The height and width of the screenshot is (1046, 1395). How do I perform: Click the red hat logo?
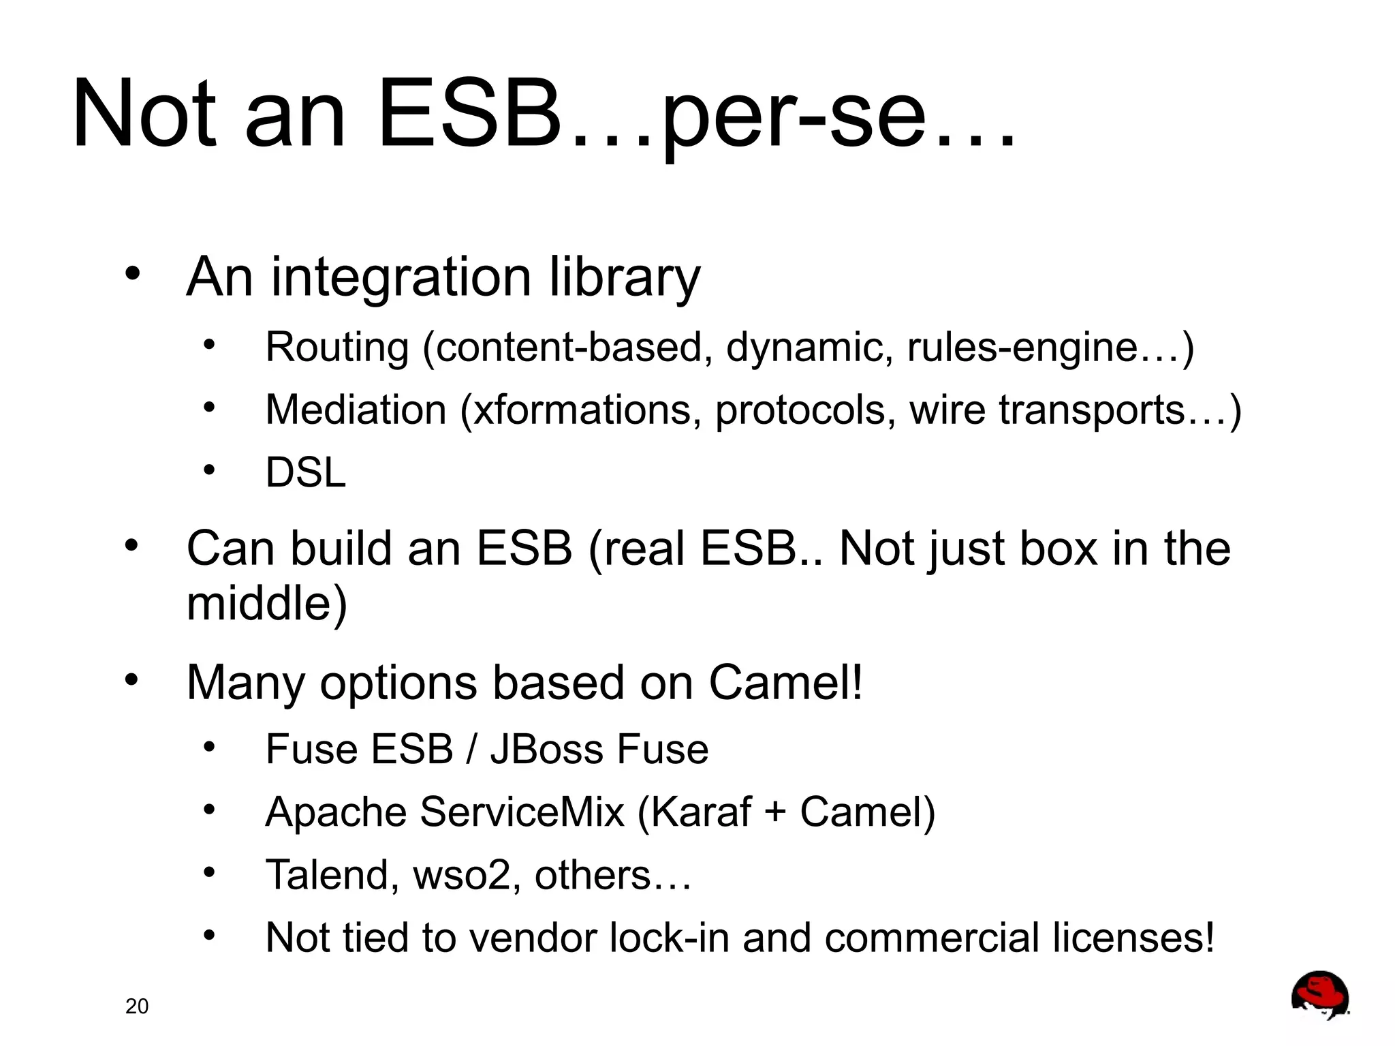(x=1319, y=995)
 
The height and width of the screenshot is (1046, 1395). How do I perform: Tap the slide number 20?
(x=137, y=1006)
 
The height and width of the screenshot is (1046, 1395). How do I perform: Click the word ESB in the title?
(x=470, y=114)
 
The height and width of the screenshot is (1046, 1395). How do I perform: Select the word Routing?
(x=337, y=348)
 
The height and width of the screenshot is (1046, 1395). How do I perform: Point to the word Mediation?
(x=356, y=410)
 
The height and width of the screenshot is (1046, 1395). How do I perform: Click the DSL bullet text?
(x=306, y=472)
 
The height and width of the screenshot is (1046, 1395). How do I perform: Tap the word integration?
(x=401, y=278)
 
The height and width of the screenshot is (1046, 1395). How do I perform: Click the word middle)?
(x=267, y=604)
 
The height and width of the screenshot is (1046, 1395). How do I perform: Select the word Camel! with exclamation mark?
(x=786, y=683)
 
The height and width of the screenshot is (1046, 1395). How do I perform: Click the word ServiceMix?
(x=522, y=812)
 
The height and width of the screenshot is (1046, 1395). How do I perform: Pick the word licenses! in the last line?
(x=1133, y=938)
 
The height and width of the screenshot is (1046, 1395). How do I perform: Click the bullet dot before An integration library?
(x=132, y=274)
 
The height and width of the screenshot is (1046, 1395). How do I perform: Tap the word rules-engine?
(x=1022, y=348)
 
